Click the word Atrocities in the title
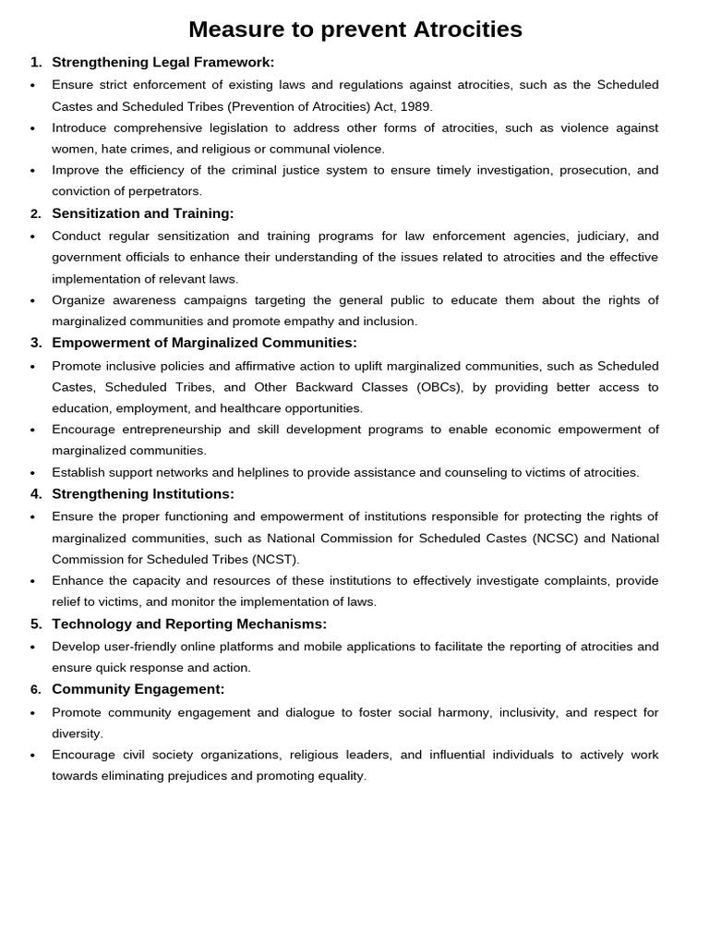pos(456,30)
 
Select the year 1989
pos(415,106)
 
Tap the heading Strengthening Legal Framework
pos(162,62)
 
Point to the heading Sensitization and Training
pos(143,213)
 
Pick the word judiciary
pos(588,236)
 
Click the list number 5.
pos(35,624)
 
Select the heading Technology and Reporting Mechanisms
pos(189,624)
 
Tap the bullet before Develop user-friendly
pos(33,647)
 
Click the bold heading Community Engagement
pos(138,689)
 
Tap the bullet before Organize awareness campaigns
pos(33,300)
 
